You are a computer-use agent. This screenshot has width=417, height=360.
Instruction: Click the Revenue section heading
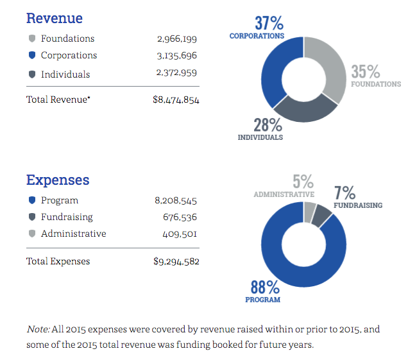tap(54, 18)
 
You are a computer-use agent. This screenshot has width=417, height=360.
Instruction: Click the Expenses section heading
tap(58, 180)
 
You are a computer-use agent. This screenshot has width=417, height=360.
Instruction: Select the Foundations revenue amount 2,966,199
tap(176, 39)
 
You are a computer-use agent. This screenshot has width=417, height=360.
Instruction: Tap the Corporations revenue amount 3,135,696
tap(176, 56)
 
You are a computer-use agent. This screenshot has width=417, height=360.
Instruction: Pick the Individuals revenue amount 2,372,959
tap(176, 74)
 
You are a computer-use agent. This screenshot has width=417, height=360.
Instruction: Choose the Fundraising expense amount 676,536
tap(179, 218)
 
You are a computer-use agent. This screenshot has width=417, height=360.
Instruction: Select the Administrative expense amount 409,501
tap(179, 234)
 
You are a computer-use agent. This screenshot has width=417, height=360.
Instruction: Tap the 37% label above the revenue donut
tap(269, 24)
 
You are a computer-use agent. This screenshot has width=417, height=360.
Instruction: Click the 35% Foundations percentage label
tap(365, 71)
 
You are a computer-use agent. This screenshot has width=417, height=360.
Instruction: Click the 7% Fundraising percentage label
tap(345, 193)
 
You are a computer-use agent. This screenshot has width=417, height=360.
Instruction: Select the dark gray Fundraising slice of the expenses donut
tap(322, 215)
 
